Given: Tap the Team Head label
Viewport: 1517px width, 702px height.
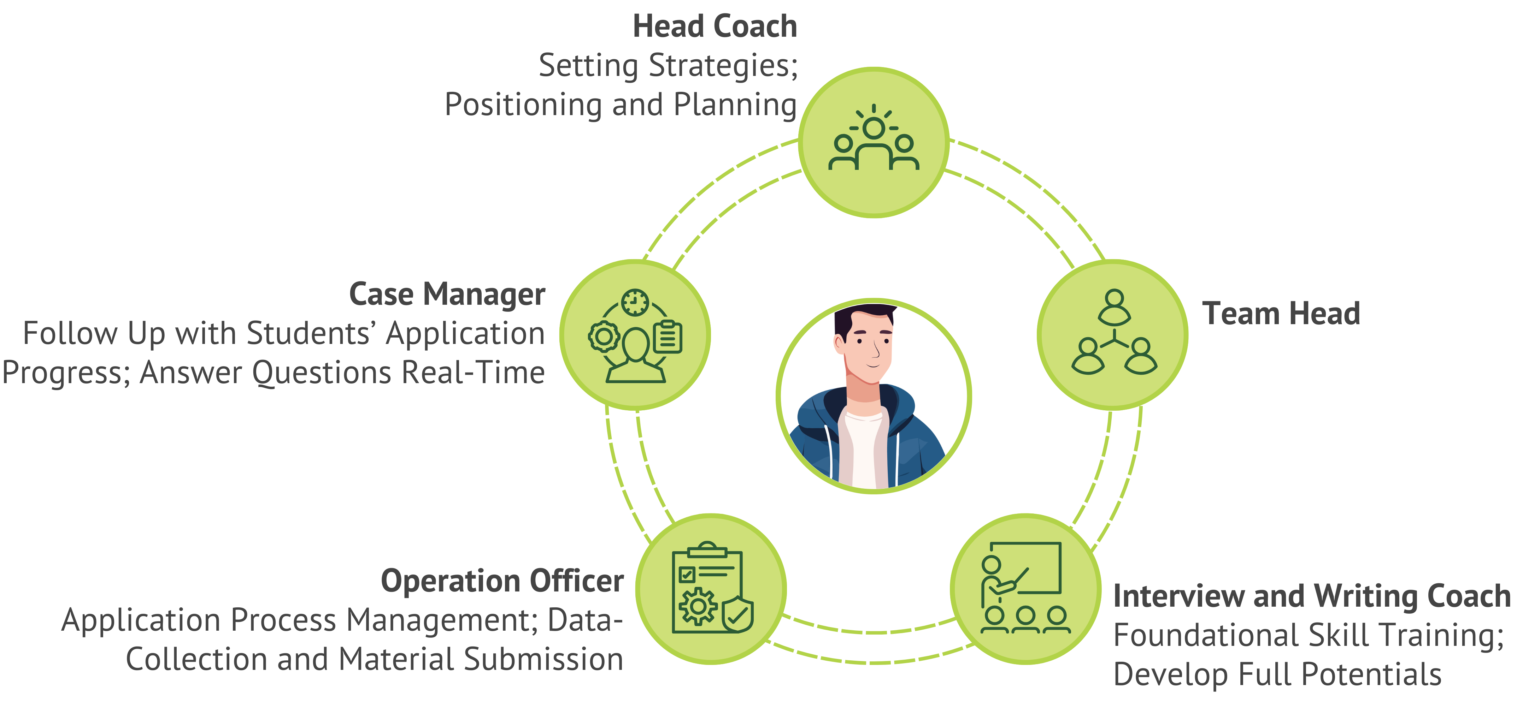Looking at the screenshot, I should tap(1281, 314).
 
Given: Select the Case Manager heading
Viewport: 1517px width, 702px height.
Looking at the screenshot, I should tap(447, 294).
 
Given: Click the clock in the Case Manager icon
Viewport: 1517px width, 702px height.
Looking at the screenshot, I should tap(635, 303).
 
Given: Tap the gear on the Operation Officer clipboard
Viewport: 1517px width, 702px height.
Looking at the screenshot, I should tap(699, 606).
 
